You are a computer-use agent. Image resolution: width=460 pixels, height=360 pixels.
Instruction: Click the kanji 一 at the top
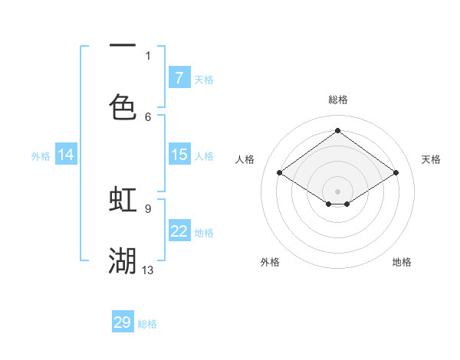(123, 47)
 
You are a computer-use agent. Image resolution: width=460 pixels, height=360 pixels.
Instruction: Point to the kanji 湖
(123, 260)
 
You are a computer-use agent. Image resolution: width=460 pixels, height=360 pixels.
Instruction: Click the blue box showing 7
(179, 77)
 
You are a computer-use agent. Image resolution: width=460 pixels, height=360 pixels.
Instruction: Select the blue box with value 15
(179, 155)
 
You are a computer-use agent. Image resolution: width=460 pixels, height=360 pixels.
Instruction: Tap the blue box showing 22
(179, 231)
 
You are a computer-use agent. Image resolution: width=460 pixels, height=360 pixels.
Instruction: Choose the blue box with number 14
(66, 155)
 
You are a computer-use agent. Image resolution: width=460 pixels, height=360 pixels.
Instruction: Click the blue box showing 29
(123, 322)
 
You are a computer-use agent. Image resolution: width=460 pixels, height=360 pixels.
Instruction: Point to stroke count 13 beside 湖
(148, 270)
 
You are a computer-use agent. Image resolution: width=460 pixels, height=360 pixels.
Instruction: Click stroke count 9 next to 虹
(147, 208)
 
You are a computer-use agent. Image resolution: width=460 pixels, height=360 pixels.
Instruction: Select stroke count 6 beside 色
(148, 116)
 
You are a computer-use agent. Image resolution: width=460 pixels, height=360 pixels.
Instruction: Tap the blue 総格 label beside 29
(147, 324)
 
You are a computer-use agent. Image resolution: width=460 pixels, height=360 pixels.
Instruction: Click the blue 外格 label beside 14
(41, 156)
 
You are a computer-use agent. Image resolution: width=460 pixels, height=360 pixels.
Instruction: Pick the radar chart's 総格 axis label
(337, 100)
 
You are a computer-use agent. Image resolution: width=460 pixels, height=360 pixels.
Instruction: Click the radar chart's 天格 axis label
(431, 159)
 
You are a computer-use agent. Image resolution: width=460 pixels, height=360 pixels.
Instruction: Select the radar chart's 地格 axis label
(402, 262)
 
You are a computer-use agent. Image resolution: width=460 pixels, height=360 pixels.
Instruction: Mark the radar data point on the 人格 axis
(280, 173)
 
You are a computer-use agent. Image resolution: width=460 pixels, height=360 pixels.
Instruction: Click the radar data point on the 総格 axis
(337, 131)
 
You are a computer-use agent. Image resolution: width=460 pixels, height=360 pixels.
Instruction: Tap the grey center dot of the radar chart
(337, 191)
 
